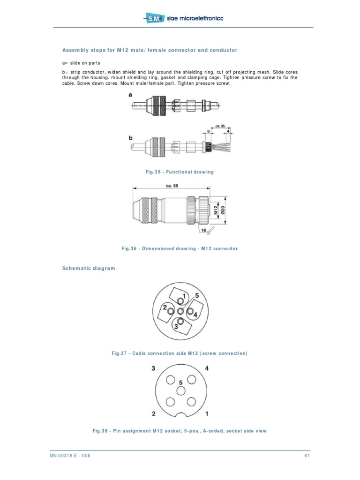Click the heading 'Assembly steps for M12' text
pos(150,50)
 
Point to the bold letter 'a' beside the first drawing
pos(130,95)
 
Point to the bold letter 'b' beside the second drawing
pos(130,137)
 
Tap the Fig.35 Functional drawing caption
pos(180,172)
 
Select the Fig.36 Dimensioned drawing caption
pos(180,248)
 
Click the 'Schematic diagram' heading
pos(89,268)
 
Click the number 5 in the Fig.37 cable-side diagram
pos(197,296)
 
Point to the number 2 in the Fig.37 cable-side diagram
pos(165,307)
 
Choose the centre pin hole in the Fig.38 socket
pos(180,390)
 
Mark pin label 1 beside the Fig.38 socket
pos(207,414)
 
